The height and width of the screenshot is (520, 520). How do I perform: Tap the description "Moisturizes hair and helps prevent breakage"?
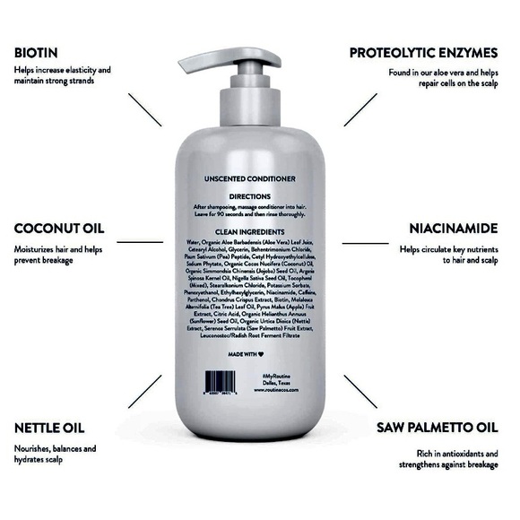pyautogui.click(x=57, y=255)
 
